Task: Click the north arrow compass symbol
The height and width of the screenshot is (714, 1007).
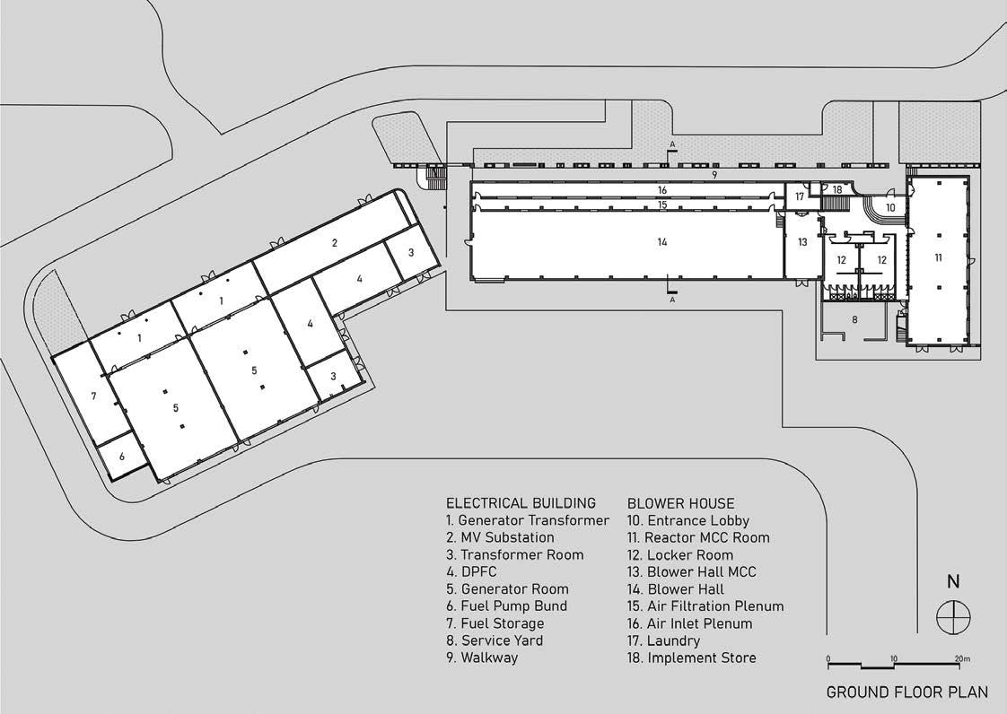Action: point(952,617)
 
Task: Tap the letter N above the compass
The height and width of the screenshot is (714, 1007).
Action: point(953,581)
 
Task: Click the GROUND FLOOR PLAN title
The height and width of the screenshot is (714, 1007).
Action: point(906,692)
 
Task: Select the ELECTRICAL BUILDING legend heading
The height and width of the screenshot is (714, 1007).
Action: point(521,503)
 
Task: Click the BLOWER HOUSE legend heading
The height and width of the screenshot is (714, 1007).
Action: point(680,503)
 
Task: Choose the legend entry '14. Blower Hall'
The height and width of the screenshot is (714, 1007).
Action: point(675,589)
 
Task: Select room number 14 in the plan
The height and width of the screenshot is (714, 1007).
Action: point(662,242)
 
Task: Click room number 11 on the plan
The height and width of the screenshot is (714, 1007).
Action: point(939,257)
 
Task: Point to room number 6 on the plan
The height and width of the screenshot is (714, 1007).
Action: point(122,456)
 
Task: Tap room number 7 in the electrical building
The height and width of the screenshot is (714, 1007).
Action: point(93,396)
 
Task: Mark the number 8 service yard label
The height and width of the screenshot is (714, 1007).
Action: point(855,318)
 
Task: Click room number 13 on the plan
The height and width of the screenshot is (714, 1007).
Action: point(802,242)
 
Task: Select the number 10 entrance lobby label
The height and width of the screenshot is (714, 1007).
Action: point(891,207)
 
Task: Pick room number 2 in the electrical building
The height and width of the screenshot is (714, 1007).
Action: point(334,242)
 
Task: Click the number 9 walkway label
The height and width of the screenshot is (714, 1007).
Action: point(714,175)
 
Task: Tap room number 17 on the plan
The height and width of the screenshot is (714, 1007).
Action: point(800,196)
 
